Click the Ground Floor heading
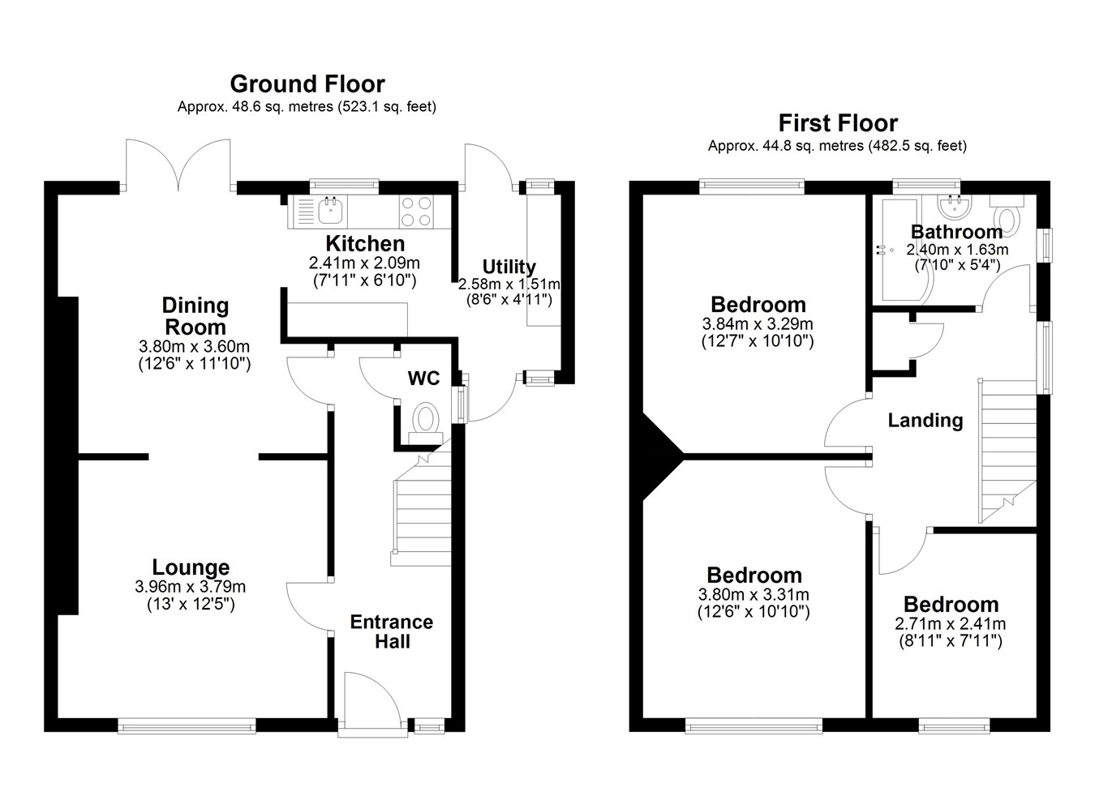[x=307, y=84]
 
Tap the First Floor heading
[x=838, y=123]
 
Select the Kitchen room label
[x=365, y=243]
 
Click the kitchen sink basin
[x=330, y=211]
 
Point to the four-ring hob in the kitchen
[x=417, y=212]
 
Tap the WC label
[x=424, y=379]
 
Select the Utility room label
[x=509, y=267]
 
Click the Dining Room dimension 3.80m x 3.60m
[x=194, y=346]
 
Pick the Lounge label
[x=191, y=567]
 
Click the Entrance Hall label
[x=392, y=631]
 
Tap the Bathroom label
[x=956, y=232]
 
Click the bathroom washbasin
[x=955, y=206]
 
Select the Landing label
[x=925, y=420]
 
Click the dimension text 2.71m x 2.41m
[x=951, y=624]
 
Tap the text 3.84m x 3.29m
[x=758, y=323]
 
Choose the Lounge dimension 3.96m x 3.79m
[x=190, y=586]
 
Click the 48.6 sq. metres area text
[x=282, y=106]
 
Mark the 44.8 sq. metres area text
[x=813, y=146]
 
